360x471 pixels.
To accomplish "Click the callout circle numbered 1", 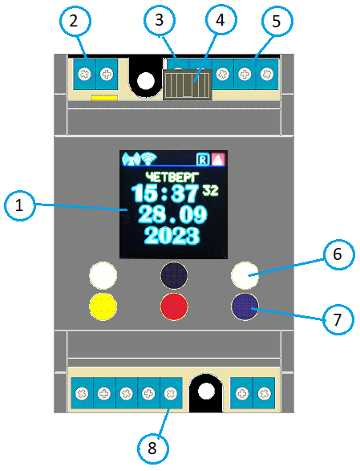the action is pos(20,205).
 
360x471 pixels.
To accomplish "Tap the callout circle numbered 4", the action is pos(220,20).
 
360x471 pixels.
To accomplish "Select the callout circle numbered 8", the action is pos(153,449).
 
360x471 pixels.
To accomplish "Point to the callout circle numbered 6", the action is pos(338,254).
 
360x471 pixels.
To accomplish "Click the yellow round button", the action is pos(103,306).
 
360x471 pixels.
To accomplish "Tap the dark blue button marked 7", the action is pos(245,307).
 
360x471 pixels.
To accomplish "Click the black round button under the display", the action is pos(174,275).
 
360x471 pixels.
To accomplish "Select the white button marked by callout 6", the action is pos(245,275).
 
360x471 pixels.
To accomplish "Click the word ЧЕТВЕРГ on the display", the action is pos(172,177).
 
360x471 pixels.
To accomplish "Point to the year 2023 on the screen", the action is pos(172,236).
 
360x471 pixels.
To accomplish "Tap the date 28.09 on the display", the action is pos(172,214).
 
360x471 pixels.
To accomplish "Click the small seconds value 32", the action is pos(211,190).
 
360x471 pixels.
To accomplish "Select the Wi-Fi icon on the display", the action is pos(149,159).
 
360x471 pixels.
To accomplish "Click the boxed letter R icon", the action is pos(203,159).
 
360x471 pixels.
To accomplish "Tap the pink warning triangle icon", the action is pos(218,159).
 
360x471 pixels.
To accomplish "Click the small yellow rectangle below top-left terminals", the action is pos(104,98).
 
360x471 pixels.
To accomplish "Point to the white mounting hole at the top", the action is pos(146,81).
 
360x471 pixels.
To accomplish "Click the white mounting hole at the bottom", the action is pos(207,392).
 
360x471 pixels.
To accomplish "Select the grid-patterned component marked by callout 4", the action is pos(188,84).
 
